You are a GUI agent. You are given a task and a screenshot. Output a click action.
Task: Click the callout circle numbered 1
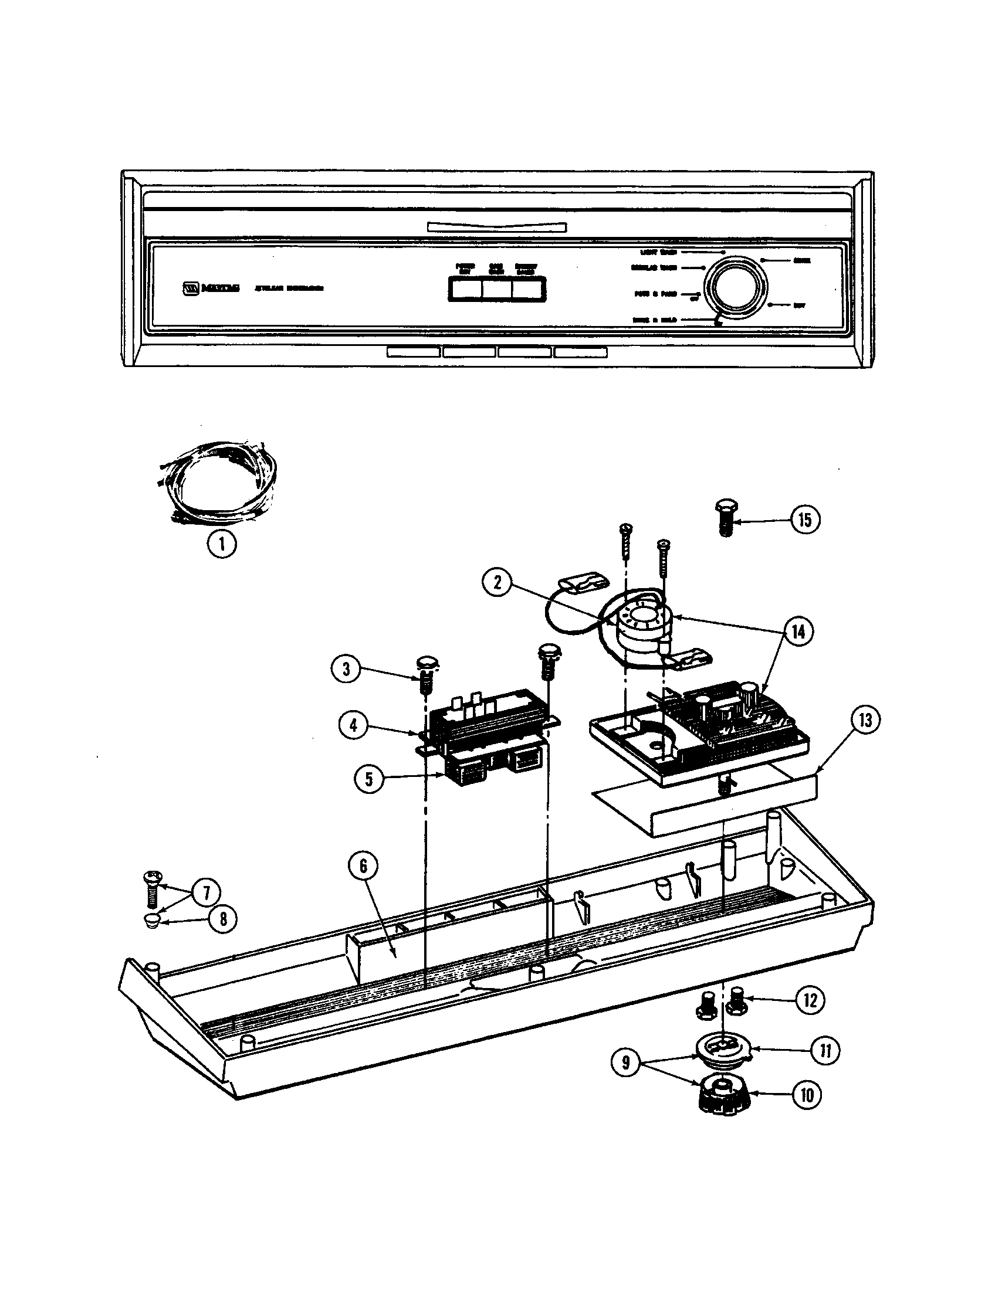[x=222, y=544]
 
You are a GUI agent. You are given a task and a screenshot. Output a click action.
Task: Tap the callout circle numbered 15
[x=806, y=520]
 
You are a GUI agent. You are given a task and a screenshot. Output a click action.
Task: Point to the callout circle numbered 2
[x=497, y=583]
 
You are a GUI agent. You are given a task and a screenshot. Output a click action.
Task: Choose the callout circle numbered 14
[x=798, y=632]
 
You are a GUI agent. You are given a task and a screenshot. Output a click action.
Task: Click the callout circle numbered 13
[x=864, y=721]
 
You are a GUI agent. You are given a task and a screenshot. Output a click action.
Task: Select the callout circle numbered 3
[x=346, y=669]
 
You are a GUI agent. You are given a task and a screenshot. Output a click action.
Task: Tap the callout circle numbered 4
[x=353, y=725]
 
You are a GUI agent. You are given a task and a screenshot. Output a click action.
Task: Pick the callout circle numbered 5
[x=368, y=779]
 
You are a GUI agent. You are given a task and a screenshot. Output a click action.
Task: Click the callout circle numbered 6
[x=363, y=867]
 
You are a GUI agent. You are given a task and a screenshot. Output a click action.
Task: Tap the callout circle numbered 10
[x=807, y=1096]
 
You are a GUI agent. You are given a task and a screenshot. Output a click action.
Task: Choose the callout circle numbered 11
[x=825, y=1051]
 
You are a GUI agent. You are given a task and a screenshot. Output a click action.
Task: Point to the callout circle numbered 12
[x=810, y=1000]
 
